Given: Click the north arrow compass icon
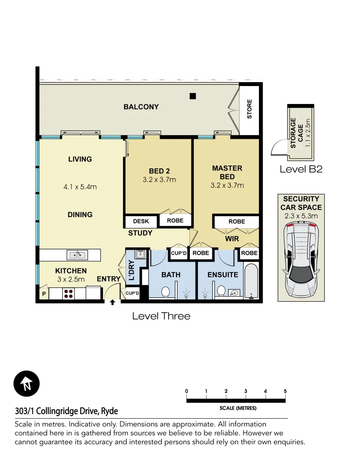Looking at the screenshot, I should (x=26, y=384).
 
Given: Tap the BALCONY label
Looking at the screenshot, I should (x=141, y=107).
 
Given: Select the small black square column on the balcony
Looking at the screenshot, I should (x=193, y=96).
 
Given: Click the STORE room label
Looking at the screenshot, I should (x=249, y=109).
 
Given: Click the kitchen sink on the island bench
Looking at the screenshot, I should (x=77, y=255).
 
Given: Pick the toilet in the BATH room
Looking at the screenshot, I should (x=166, y=292).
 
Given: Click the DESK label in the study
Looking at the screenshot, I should (x=141, y=221).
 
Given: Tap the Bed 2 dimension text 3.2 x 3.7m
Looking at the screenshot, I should (x=159, y=180).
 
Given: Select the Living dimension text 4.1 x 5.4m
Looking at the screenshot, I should (x=80, y=187).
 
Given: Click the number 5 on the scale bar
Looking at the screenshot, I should (x=285, y=391).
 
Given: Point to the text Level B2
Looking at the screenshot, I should (x=301, y=169).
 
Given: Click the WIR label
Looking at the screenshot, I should (x=232, y=239).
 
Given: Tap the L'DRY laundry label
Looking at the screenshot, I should (x=132, y=270).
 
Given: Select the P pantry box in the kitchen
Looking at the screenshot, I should (x=43, y=294).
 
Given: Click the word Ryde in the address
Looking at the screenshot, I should (x=109, y=411).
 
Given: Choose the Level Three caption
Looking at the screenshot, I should (x=161, y=316).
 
